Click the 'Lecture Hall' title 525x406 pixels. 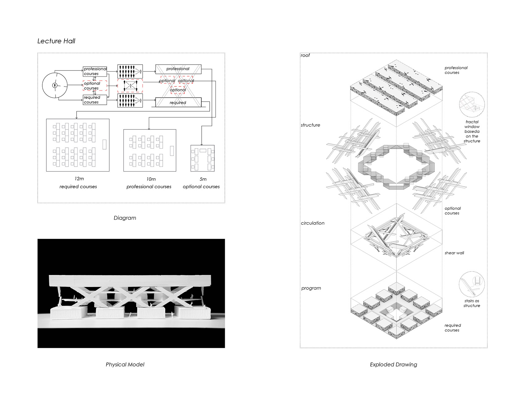(x=56, y=41)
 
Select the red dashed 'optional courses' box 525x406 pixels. (x=95, y=86)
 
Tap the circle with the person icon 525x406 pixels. (x=55, y=85)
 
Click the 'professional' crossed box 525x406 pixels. (x=178, y=69)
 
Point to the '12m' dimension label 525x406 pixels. (x=79, y=179)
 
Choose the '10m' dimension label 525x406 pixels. (x=151, y=179)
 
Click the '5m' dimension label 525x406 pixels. (x=203, y=179)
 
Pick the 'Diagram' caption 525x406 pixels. (x=125, y=218)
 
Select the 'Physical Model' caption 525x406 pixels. (x=125, y=365)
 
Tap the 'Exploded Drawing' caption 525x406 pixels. (x=393, y=365)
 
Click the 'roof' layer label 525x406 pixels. (x=305, y=55)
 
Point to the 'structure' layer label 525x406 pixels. (x=310, y=125)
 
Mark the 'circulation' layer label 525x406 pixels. (x=313, y=223)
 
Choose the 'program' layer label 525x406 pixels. (x=311, y=288)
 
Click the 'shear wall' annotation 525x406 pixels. (x=454, y=253)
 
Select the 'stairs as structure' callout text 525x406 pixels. (x=472, y=303)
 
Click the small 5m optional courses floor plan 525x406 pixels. (x=203, y=158)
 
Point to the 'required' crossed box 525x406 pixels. (x=178, y=102)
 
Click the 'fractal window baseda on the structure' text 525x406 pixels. (x=472, y=131)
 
